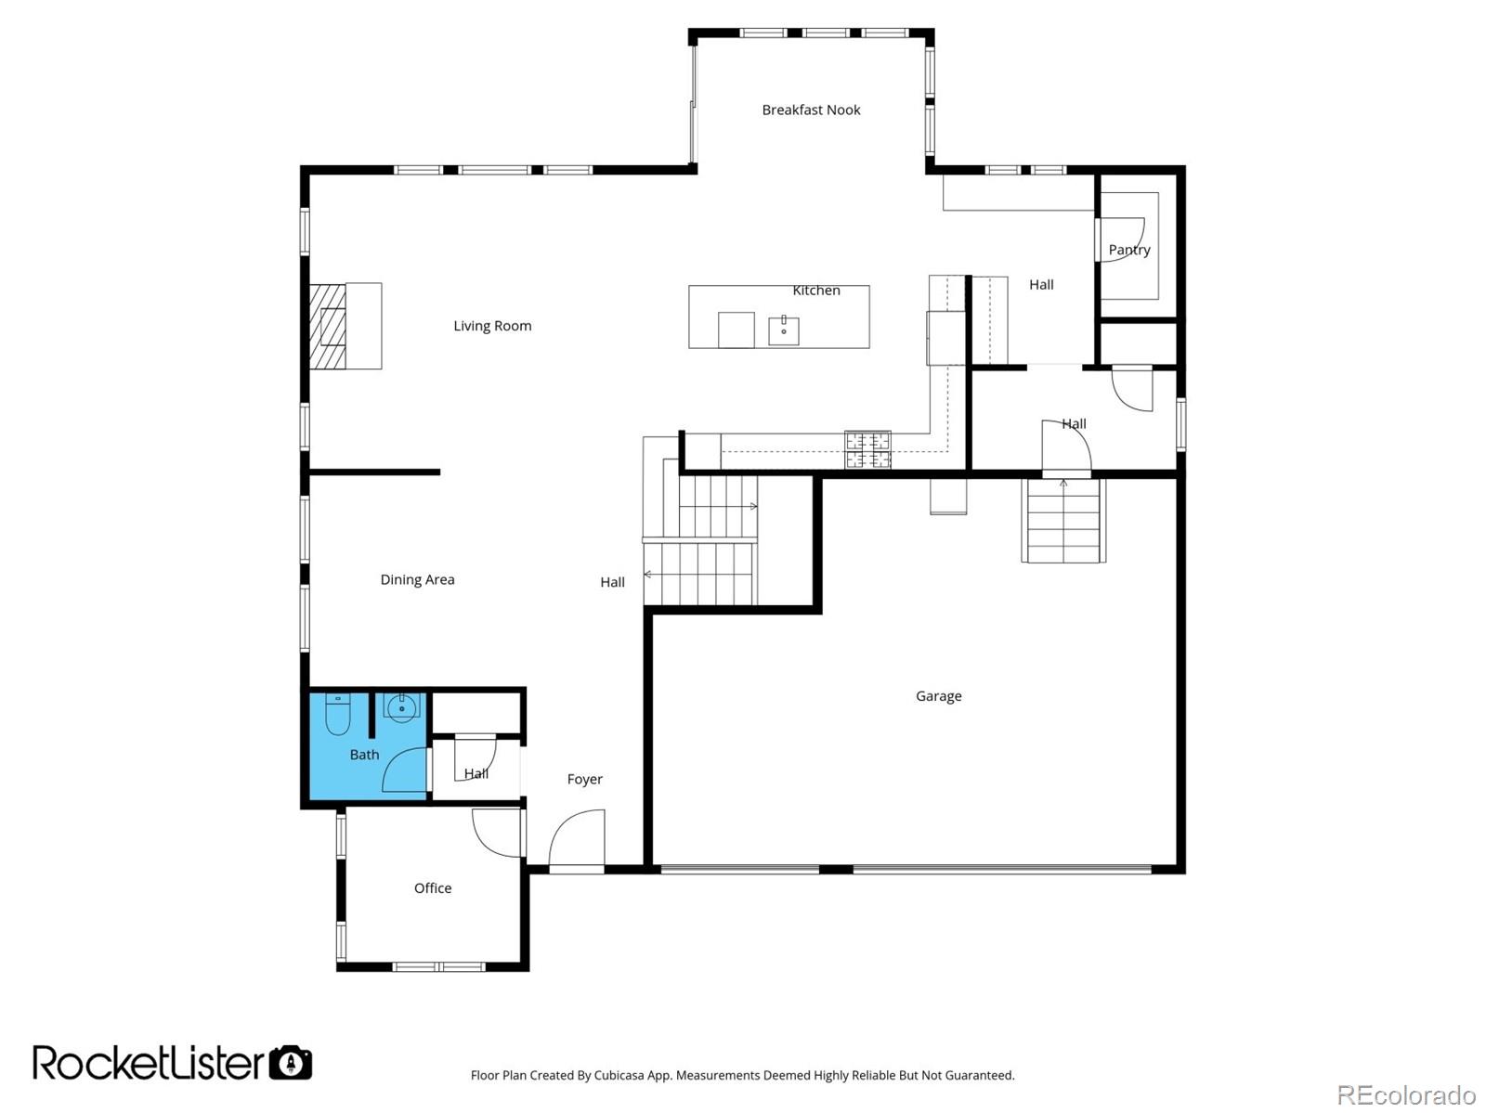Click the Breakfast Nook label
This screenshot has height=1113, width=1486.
pyautogui.click(x=811, y=110)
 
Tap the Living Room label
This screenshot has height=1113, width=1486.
pyautogui.click(x=492, y=326)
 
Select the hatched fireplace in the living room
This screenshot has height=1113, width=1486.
pyautogui.click(x=327, y=326)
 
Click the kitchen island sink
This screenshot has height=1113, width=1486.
pyautogui.click(x=783, y=330)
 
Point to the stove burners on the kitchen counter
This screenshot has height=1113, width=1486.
pyautogui.click(x=867, y=450)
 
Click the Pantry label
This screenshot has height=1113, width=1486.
pyautogui.click(x=1128, y=250)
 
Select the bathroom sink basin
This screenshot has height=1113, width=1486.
pyautogui.click(x=402, y=708)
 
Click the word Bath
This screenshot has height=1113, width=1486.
pyautogui.click(x=364, y=755)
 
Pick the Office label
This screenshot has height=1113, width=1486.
pyautogui.click(x=433, y=888)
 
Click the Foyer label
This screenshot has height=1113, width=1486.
pyautogui.click(x=585, y=780)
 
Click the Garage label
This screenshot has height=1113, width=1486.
pyautogui.click(x=938, y=696)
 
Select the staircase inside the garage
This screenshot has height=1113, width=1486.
pyautogui.click(x=1063, y=521)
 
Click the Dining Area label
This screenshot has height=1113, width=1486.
pyautogui.click(x=417, y=580)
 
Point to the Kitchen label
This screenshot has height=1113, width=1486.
pyautogui.click(x=816, y=291)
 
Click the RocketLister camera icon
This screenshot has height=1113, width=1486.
pyautogui.click(x=291, y=1063)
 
